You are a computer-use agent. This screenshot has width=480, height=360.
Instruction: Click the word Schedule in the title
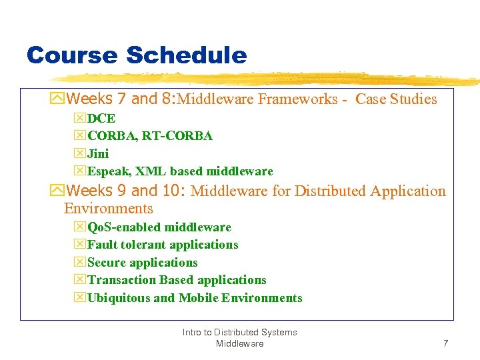(186, 55)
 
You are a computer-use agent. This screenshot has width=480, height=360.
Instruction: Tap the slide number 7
(445, 343)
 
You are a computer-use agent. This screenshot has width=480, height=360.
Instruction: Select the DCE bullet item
(101, 119)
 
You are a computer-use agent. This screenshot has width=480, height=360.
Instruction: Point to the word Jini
(98, 154)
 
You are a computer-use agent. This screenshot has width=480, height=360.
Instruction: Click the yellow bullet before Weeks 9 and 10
(57, 191)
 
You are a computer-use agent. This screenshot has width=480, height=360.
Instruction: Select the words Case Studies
(396, 100)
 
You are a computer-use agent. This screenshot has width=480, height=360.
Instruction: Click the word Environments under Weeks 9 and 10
(109, 208)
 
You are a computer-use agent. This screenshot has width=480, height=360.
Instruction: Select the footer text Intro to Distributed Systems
(239, 332)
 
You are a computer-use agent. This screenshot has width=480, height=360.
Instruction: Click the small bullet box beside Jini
(80, 154)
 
